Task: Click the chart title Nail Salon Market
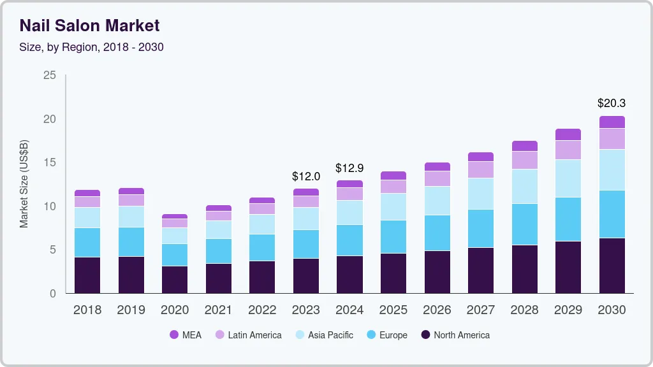point(89,25)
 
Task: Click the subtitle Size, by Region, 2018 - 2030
point(91,47)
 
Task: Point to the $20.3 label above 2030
point(612,103)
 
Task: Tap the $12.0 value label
point(306,176)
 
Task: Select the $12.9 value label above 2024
point(349,168)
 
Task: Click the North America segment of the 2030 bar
point(612,265)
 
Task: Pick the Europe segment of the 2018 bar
point(87,242)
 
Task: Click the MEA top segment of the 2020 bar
point(175,217)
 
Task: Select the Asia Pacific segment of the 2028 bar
point(524,186)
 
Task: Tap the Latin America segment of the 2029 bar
point(568,150)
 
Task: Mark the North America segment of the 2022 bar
point(262,277)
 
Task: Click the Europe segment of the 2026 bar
point(437,233)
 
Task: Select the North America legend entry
point(455,335)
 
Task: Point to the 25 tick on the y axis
point(49,75)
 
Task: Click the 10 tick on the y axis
point(49,206)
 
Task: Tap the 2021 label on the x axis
point(219,310)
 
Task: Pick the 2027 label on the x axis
point(481,310)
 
